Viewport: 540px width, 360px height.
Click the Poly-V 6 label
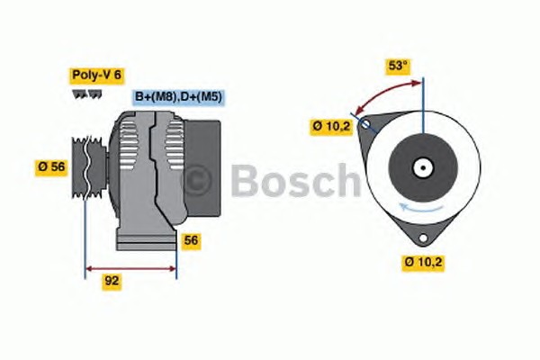pyautogui.click(x=97, y=76)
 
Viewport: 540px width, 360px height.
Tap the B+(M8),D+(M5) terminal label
pyautogui.click(x=178, y=97)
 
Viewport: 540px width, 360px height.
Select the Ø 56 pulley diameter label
pyautogui.click(x=51, y=167)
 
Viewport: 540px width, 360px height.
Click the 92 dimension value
pyautogui.click(x=112, y=282)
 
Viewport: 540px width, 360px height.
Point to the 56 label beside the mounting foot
pyautogui.click(x=191, y=240)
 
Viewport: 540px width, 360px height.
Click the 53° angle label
pyautogui.click(x=398, y=66)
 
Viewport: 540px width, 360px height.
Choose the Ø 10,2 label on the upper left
pyautogui.click(x=331, y=126)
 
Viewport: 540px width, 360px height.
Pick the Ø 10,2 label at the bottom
pyautogui.click(x=423, y=263)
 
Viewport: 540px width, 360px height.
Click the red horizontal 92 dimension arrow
pyautogui.click(x=130, y=268)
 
